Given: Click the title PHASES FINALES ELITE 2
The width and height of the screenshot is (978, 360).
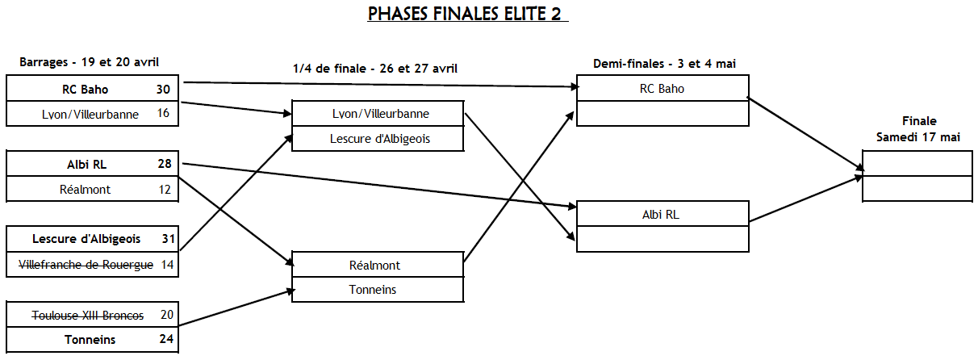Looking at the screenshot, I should (x=468, y=15).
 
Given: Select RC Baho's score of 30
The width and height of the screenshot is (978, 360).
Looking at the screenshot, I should (x=164, y=89).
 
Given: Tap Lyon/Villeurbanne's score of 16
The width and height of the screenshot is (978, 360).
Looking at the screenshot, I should (x=164, y=114).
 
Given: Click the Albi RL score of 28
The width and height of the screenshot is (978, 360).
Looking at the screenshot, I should (x=165, y=165).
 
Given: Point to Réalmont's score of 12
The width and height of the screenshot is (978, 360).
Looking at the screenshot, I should (x=165, y=189).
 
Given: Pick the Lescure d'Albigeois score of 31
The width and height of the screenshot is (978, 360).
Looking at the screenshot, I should (x=168, y=239).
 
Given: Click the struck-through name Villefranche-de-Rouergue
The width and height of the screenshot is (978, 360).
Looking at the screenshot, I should (x=86, y=264).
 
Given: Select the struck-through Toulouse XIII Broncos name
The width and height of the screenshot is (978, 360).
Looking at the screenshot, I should (x=88, y=315).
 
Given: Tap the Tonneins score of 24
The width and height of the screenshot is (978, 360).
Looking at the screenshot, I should (x=166, y=339).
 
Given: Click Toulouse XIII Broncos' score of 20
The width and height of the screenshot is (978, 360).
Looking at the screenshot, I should (x=166, y=315).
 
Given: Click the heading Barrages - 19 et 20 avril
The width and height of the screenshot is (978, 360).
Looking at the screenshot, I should (x=89, y=61).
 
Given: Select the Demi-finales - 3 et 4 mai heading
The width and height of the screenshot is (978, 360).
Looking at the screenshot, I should (x=664, y=63).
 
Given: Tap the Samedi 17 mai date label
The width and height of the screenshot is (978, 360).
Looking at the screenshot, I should (x=918, y=137).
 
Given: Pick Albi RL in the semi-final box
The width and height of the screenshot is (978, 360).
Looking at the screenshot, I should (x=662, y=214).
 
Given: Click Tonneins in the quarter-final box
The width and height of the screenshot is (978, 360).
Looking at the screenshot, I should (x=378, y=290).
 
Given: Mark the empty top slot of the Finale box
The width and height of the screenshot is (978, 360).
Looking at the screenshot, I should (x=917, y=163).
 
